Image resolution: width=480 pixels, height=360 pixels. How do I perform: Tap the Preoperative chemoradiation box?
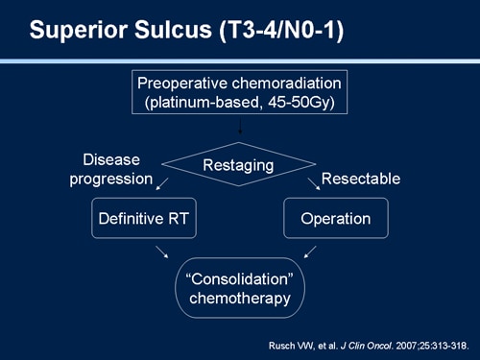[x=238, y=93]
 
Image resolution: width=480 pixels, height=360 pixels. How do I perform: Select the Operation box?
[x=335, y=219]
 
